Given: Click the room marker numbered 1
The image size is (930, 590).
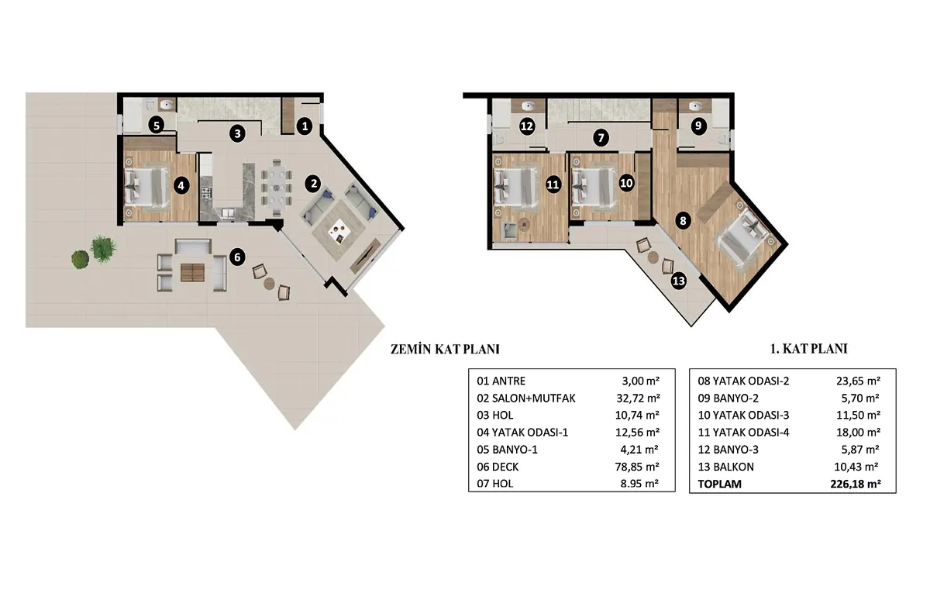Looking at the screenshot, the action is (x=305, y=126).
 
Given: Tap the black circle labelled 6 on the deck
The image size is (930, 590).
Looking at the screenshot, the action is (x=237, y=257).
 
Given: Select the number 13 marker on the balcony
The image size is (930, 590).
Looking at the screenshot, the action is (x=678, y=281).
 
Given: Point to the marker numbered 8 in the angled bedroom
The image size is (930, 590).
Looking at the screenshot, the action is (x=683, y=220).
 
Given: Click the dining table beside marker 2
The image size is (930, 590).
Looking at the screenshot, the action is (x=277, y=188).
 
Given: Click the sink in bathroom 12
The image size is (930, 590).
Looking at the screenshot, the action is (x=528, y=106).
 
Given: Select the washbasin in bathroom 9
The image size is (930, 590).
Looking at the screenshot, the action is (x=695, y=106).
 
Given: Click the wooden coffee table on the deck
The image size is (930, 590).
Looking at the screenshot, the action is (x=193, y=273).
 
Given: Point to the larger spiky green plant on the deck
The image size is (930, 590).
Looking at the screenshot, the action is (x=103, y=249).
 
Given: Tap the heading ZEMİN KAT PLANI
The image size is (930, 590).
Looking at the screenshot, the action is (x=445, y=349).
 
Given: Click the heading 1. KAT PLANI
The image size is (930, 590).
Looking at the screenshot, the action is (x=809, y=348).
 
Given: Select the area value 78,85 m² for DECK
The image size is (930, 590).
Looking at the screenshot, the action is (x=637, y=467).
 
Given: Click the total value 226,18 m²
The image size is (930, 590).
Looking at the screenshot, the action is (x=856, y=484).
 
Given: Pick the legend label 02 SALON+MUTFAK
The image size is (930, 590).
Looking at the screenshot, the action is (x=526, y=399).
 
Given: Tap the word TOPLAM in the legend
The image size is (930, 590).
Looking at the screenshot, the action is (x=719, y=484).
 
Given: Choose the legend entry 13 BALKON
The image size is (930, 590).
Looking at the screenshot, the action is (x=725, y=467).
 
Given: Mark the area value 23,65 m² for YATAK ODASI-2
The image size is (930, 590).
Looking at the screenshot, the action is (x=858, y=381).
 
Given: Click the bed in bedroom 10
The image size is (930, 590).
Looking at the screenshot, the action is (x=593, y=189).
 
